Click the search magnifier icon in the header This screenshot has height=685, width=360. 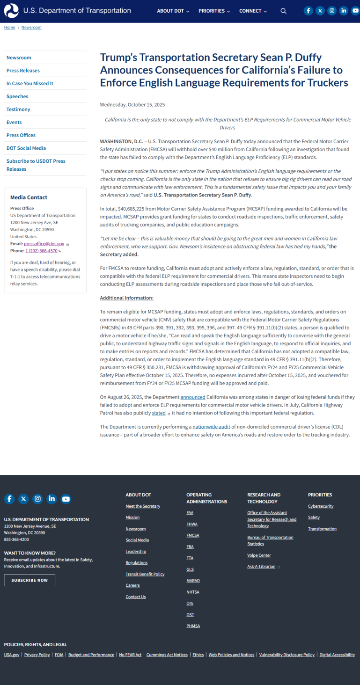[x=283, y=11]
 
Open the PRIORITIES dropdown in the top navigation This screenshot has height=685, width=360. [x=214, y=11]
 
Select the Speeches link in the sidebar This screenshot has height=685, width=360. [x=17, y=96]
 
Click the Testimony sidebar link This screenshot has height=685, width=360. [x=18, y=109]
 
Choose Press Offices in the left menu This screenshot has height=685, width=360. [x=21, y=135]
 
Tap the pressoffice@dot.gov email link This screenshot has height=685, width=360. [x=44, y=244]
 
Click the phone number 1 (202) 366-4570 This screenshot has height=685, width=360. [x=41, y=251]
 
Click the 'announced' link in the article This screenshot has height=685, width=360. [x=193, y=397]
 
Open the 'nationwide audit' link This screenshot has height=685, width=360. [x=211, y=427]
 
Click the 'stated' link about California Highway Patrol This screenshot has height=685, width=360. [x=159, y=413]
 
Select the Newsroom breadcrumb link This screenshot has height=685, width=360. [x=31, y=27]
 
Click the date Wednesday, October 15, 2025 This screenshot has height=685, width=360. [x=132, y=105]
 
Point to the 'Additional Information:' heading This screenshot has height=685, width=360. [x=127, y=298]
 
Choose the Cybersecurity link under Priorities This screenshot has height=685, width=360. [x=321, y=506]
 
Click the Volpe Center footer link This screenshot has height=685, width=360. [x=259, y=555]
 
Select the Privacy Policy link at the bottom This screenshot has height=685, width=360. [x=37, y=655]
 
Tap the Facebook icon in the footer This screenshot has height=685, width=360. [x=9, y=499]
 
